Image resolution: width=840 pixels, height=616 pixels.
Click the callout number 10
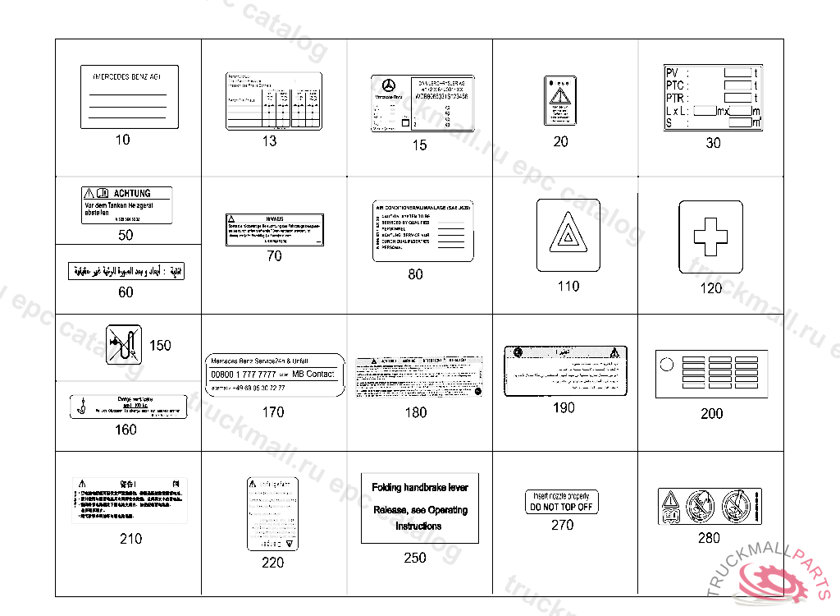point(122,140)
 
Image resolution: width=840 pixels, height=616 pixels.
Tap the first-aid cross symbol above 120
point(710,237)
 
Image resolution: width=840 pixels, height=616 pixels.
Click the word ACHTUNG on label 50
point(132,193)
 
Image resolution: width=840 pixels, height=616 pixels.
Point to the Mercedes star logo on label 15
point(389,86)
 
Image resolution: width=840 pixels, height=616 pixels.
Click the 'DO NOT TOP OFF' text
point(562,507)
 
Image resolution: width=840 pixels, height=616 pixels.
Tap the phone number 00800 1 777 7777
point(244,375)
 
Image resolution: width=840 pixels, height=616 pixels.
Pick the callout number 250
point(415,558)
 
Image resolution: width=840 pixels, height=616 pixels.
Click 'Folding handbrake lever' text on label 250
point(419,487)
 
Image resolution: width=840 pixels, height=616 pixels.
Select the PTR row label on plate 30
point(676,98)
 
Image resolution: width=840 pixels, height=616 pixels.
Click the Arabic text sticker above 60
point(126,270)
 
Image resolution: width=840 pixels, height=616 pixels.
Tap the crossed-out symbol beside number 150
point(124,345)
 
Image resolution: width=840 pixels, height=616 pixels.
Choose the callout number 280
point(709,538)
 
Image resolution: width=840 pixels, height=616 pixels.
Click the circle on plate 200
point(666,363)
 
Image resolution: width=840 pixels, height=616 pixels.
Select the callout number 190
point(564,408)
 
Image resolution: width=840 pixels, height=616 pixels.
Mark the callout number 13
point(269,141)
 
